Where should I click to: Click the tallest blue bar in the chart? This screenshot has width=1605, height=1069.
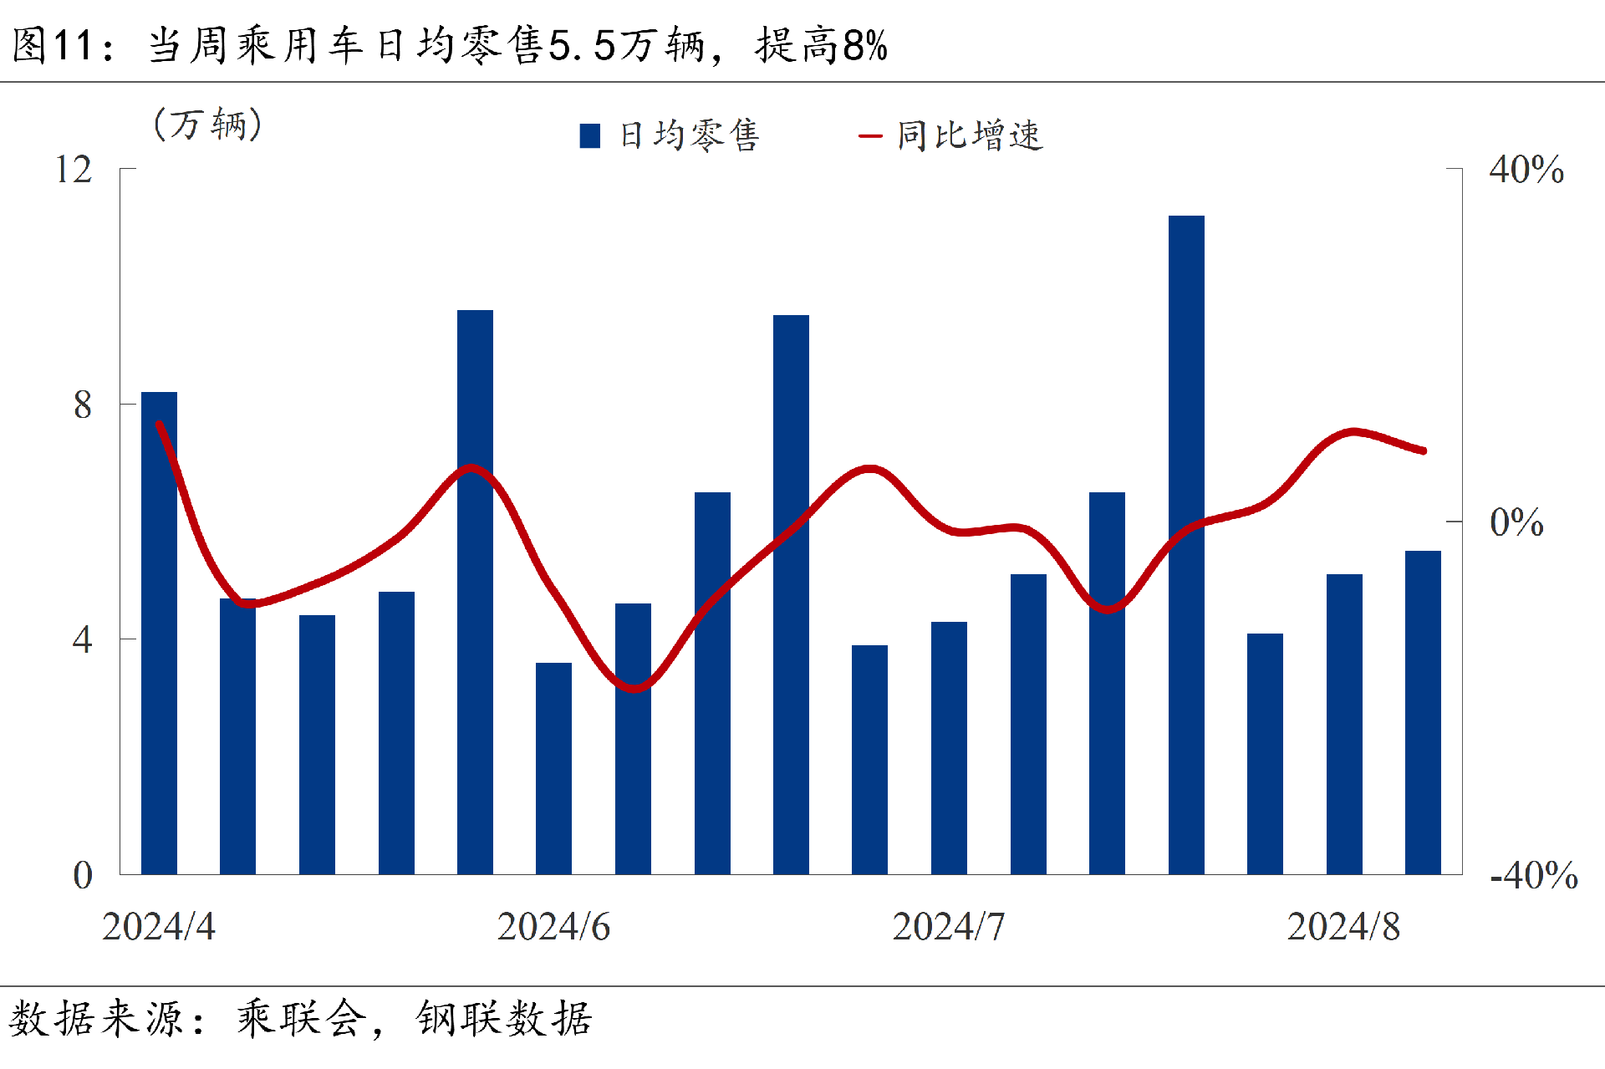[x=1186, y=543]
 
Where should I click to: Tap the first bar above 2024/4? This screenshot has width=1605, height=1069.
[x=159, y=633]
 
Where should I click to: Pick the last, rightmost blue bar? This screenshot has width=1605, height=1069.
[x=1423, y=712]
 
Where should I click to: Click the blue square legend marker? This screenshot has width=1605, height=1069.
[x=589, y=135]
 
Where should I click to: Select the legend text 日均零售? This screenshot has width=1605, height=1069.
[x=689, y=135]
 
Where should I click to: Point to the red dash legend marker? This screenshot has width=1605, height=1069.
[x=870, y=136]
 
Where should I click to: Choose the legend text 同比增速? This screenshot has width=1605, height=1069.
[x=970, y=135]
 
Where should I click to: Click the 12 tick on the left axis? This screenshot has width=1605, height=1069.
[x=74, y=170]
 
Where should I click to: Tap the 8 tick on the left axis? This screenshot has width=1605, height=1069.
[x=82, y=405]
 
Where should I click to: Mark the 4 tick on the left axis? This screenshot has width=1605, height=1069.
[x=82, y=640]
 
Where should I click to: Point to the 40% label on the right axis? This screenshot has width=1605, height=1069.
[x=1526, y=170]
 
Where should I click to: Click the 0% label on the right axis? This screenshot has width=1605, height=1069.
[x=1516, y=522]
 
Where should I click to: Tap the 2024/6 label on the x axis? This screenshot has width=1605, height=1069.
[x=553, y=926]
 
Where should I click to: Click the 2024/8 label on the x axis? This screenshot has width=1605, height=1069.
[x=1343, y=926]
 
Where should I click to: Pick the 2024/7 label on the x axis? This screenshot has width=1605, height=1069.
[x=949, y=926]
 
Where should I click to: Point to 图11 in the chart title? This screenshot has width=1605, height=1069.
[x=52, y=45]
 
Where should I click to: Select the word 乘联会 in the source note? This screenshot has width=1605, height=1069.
[x=302, y=1019]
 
